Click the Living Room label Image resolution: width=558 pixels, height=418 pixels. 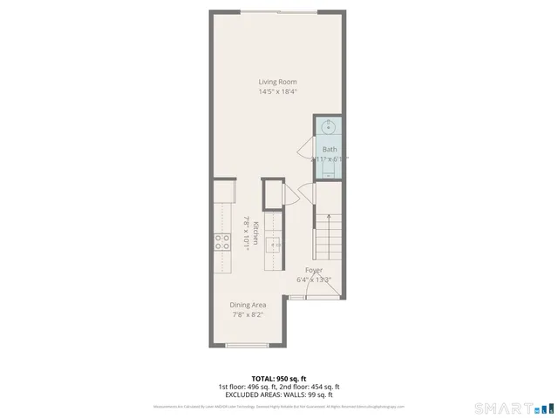pos(276,82)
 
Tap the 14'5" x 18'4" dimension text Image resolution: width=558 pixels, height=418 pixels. pos(276,91)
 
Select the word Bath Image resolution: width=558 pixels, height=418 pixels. pos(329,149)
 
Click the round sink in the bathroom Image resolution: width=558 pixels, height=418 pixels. pos(328,128)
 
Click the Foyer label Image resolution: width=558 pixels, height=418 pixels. pos(314,270)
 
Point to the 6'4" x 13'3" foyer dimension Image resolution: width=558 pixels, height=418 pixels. pos(314,280)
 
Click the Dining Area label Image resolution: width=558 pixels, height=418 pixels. pos(248,305)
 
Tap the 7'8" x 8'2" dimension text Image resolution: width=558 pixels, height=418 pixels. pos(248,315)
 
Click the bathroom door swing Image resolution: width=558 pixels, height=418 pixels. pos(306,148)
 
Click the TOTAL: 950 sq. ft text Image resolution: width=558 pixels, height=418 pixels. pos(278,379)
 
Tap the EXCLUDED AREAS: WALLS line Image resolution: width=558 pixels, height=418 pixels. pos(278,394)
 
